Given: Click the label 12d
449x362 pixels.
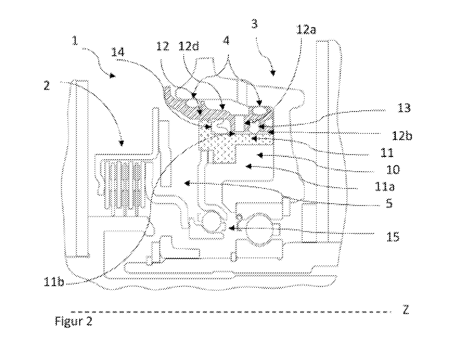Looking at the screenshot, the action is pyautogui.click(x=189, y=46).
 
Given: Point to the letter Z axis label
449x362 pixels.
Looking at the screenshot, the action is pyautogui.click(x=405, y=309).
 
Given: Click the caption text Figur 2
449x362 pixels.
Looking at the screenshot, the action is pyautogui.click(x=73, y=321).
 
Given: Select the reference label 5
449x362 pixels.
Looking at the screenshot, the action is pyautogui.click(x=389, y=203).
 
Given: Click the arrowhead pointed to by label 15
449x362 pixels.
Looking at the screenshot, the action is pyautogui.click(x=232, y=228).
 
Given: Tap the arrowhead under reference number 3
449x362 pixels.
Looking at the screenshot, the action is pyautogui.click(x=273, y=73).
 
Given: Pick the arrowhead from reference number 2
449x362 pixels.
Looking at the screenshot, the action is pyautogui.click(x=122, y=143).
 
